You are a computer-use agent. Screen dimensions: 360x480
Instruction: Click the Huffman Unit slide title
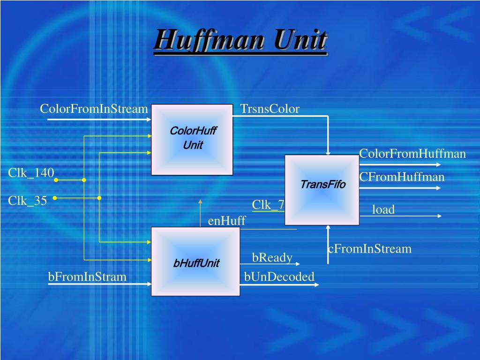pyautogui.click(x=240, y=40)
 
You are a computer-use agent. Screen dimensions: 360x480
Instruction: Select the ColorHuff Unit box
pyautogui.click(x=192, y=139)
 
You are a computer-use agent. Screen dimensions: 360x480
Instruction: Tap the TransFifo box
pyautogui.click(x=322, y=189)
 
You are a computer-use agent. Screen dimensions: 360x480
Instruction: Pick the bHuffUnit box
pyautogui.click(x=195, y=262)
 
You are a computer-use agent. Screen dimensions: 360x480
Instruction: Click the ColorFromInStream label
pyautogui.click(x=94, y=109)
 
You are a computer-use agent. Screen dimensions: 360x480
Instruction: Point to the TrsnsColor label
pyautogui.click(x=270, y=109)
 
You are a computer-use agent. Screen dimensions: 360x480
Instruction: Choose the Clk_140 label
pyautogui.click(x=31, y=173)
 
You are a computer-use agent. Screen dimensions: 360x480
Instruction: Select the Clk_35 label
pyautogui.click(x=27, y=201)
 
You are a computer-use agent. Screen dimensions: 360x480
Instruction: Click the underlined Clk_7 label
pyautogui.click(x=268, y=205)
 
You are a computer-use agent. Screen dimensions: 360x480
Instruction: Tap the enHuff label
pyautogui.click(x=227, y=221)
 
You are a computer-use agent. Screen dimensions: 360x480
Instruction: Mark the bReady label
pyautogui.click(x=272, y=257)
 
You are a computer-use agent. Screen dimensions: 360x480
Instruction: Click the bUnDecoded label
pyautogui.click(x=279, y=277)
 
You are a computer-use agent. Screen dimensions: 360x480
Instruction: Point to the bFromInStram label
pyautogui.click(x=87, y=277)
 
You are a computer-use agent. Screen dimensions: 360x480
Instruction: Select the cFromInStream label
pyautogui.click(x=370, y=248)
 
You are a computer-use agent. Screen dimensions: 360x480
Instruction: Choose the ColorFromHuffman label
pyautogui.click(x=412, y=154)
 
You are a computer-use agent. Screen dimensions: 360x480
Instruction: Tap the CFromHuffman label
pyautogui.click(x=402, y=177)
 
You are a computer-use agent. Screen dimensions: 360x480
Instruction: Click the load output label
pyautogui.click(x=383, y=210)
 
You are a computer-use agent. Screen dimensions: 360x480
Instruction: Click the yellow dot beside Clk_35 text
pyautogui.click(x=54, y=198)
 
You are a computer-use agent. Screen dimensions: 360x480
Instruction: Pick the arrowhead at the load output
pyautogui.click(x=439, y=216)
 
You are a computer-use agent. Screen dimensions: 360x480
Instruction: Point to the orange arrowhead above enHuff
pyautogui.click(x=200, y=201)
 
